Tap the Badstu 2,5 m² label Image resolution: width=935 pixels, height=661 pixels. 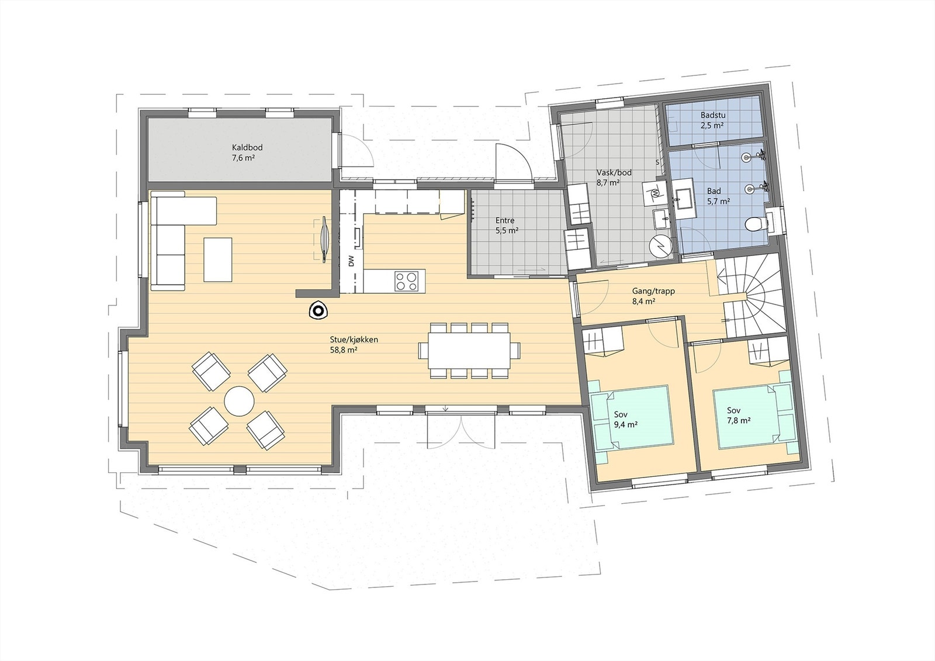pyautogui.click(x=713, y=120)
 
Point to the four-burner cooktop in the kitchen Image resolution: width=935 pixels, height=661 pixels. pyautogui.click(x=407, y=281)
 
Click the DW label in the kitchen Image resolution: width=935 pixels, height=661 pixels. pyautogui.click(x=351, y=261)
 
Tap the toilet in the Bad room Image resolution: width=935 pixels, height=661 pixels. pyautogui.click(x=755, y=224)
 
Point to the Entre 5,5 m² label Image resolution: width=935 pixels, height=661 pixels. pyautogui.click(x=505, y=225)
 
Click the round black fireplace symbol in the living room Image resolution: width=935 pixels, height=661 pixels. pyautogui.click(x=318, y=310)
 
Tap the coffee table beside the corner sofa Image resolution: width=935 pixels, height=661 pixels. pyautogui.click(x=217, y=259)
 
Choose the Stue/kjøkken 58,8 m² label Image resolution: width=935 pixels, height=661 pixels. pyautogui.click(x=352, y=344)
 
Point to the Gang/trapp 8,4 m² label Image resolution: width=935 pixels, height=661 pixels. pyautogui.click(x=653, y=295)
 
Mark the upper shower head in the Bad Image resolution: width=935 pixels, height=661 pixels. pyautogui.click(x=748, y=157)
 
